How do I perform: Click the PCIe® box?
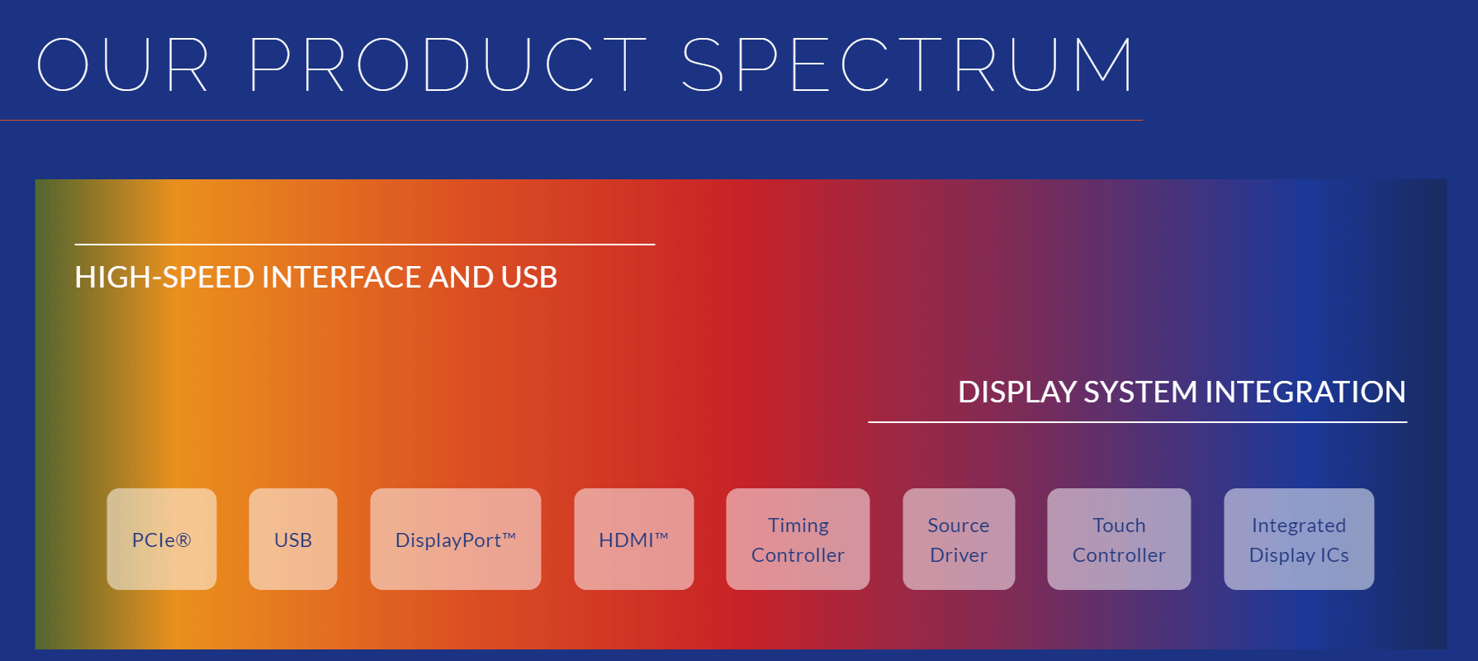pos(162,539)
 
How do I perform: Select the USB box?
pos(293,539)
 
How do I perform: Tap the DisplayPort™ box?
pos(456,539)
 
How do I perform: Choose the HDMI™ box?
pos(634,539)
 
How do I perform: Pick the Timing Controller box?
pos(798,539)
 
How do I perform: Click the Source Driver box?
pos(959,539)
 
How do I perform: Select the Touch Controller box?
pos(1119,539)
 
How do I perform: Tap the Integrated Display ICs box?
pos(1299,539)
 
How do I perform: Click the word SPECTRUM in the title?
pos(908,64)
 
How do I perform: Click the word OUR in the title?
pos(123,64)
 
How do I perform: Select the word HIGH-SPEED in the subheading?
pos(164,278)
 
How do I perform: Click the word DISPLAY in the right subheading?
pos(1017,392)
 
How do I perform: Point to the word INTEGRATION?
pos(1305,392)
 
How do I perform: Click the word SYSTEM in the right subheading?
pos(1141,392)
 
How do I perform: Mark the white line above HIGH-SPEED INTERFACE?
pos(365,245)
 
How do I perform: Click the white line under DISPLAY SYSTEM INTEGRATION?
pos(1138,422)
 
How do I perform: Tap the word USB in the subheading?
pos(529,278)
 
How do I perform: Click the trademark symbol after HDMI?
pos(661,535)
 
